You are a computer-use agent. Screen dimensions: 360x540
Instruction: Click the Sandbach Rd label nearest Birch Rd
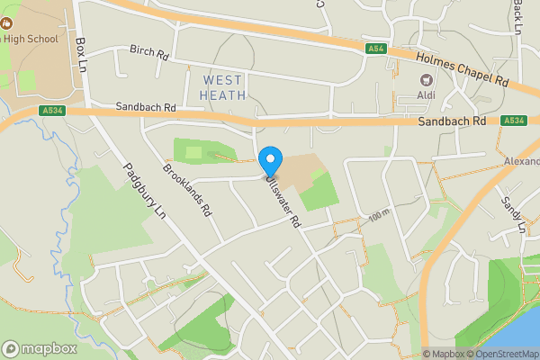[x=147, y=107]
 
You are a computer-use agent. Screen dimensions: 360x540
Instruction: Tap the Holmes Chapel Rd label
[x=463, y=69]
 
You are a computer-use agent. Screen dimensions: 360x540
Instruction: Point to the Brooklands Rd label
[x=186, y=189]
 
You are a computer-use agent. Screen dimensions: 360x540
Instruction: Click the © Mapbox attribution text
[x=445, y=354]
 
